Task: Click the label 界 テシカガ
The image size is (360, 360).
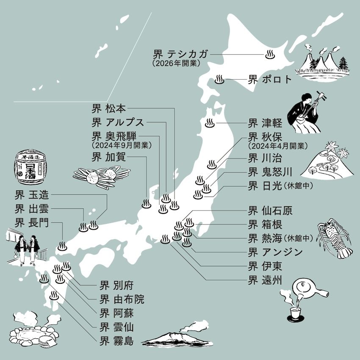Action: (181, 54)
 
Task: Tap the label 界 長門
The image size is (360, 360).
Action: (32, 222)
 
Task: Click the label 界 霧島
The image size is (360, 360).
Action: (116, 340)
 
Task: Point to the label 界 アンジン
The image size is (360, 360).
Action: (275, 252)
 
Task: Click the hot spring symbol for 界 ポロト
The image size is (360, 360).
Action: (219, 79)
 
